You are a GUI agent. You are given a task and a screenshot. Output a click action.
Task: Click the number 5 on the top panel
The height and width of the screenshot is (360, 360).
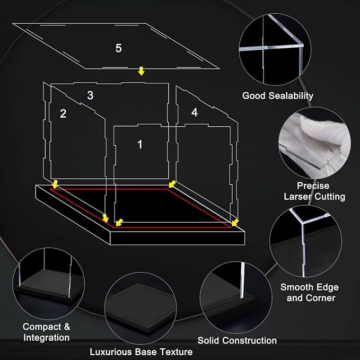click(118, 48)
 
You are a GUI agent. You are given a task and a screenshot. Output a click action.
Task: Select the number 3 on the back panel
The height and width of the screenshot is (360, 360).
click(90, 95)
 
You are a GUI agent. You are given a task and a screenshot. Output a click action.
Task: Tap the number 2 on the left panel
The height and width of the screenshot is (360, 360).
click(63, 113)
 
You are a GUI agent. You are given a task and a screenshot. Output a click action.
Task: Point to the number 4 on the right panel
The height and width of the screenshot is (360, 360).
click(195, 112)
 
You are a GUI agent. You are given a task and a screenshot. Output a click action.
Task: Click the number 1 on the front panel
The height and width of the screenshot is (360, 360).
click(140, 144)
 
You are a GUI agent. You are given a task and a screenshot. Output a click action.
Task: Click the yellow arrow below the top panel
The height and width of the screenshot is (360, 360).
click(141, 71)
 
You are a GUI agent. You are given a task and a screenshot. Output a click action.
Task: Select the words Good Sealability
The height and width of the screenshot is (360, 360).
click(278, 96)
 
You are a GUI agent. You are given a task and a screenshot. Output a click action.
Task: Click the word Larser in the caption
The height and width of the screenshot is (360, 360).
click(297, 197)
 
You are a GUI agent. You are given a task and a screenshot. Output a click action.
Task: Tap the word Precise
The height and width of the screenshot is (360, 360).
click(313, 186)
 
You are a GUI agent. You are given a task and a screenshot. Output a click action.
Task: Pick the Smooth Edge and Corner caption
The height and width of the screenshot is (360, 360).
click(310, 293)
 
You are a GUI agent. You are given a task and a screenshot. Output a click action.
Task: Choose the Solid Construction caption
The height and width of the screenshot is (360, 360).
click(237, 340)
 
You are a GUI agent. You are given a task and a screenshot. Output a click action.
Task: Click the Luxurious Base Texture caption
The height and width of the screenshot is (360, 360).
click(141, 352)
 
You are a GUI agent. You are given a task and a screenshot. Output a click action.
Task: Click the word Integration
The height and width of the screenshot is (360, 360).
click(46, 338)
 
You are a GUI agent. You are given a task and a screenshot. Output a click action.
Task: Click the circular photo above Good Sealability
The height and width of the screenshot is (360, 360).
click(275, 49)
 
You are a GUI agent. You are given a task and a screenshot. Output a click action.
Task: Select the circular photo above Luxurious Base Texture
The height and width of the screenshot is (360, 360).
click(141, 308)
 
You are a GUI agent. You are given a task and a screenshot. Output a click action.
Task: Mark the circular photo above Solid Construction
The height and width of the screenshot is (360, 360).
click(236, 297)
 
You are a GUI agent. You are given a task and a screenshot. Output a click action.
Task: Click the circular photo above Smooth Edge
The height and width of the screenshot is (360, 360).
click(305, 241)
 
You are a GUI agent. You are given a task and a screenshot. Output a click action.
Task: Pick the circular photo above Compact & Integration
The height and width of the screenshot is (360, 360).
click(49, 284)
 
